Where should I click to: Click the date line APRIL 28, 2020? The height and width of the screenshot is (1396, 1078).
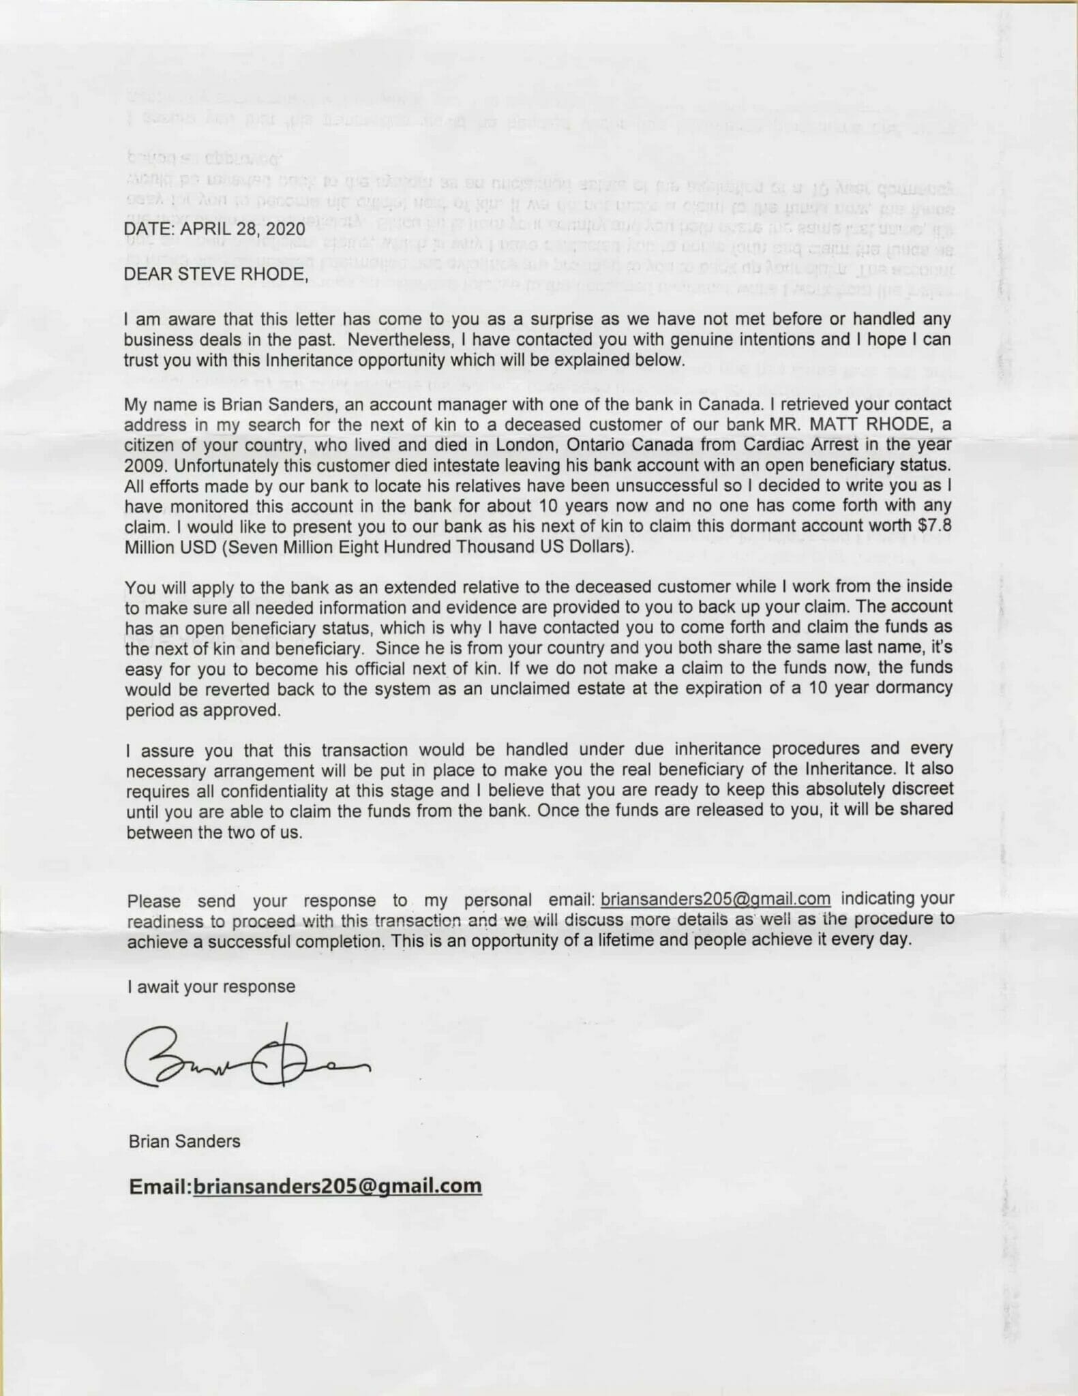[x=215, y=229]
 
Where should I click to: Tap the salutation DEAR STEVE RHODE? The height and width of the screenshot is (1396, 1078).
[x=215, y=274]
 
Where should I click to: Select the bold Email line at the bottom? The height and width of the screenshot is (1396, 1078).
[x=305, y=1186]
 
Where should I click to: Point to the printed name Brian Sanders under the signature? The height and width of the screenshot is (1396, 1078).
[x=184, y=1141]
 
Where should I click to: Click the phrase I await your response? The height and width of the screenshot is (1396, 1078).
[x=211, y=986]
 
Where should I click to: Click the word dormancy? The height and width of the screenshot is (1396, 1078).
[x=914, y=688]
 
